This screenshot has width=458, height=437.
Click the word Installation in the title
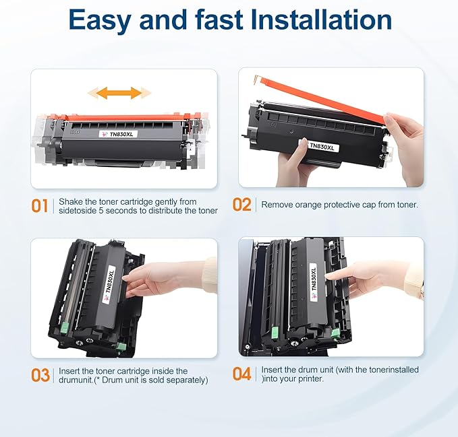321,20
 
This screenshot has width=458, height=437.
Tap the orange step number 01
40,205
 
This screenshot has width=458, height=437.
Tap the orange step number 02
242,205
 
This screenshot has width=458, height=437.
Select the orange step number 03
40,375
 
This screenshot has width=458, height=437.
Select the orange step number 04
242,374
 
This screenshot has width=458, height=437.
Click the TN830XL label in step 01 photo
114,133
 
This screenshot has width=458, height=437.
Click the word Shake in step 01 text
71,201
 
